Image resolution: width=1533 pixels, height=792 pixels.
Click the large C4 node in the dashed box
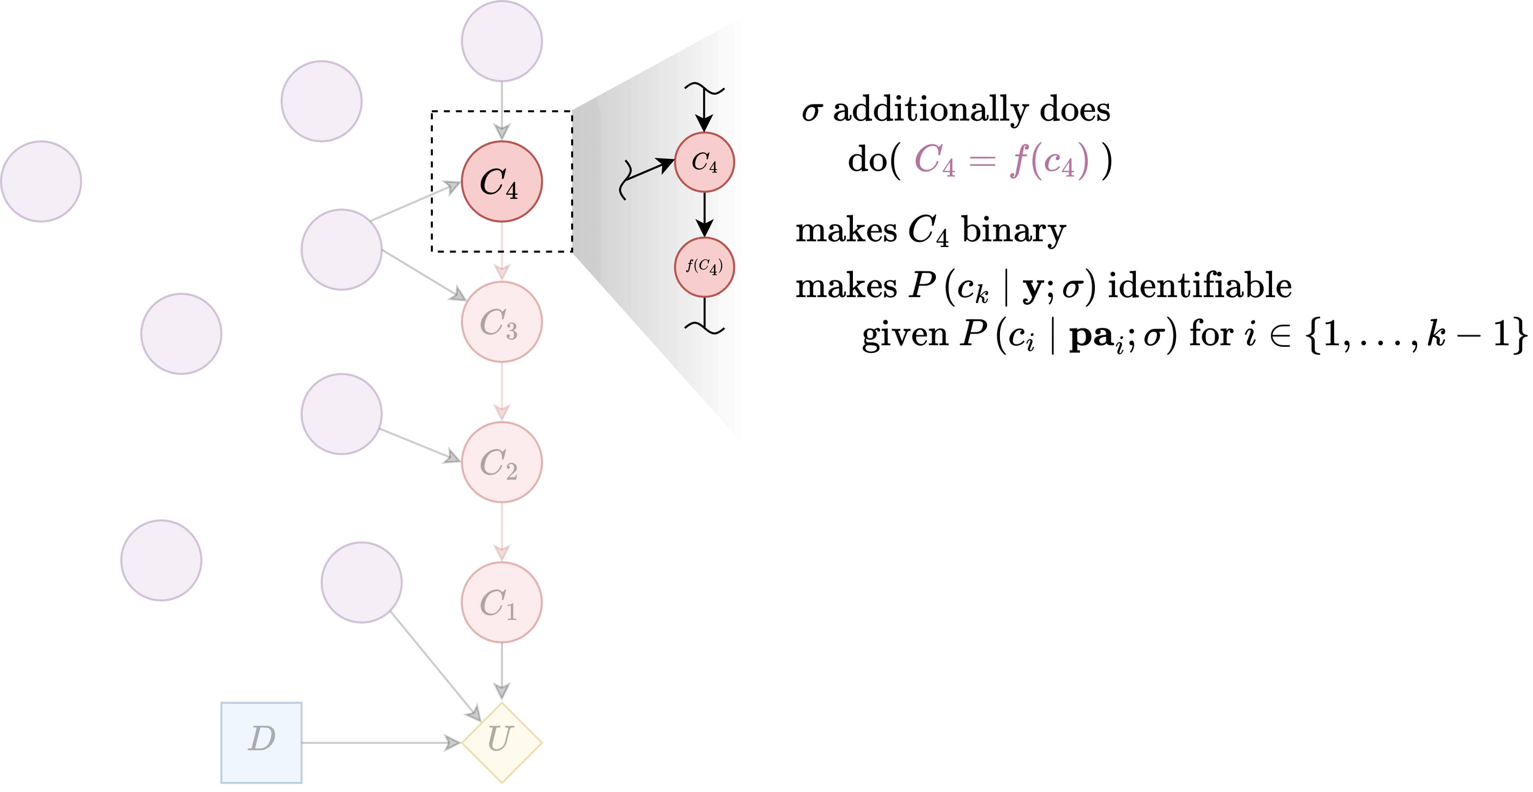[x=502, y=182]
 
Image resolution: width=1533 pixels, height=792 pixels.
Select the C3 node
[x=502, y=322]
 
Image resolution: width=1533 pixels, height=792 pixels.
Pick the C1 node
[x=502, y=603]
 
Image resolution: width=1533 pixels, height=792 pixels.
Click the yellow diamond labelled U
[x=502, y=742]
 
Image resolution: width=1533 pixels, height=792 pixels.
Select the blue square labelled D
[x=261, y=742]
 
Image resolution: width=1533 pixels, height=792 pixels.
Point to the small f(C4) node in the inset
[x=705, y=267]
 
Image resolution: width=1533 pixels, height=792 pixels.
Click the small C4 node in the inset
[x=705, y=162]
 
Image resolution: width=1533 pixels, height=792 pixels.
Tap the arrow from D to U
[x=381, y=743]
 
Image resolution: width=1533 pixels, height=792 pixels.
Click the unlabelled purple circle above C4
[x=502, y=41]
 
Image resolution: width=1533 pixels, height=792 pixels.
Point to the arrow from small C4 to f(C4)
[x=705, y=213]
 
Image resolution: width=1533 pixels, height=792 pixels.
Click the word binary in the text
[x=1014, y=231]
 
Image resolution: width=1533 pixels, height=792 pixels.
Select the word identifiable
[x=1199, y=286]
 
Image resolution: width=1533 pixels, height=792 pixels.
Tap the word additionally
[x=929, y=110]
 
